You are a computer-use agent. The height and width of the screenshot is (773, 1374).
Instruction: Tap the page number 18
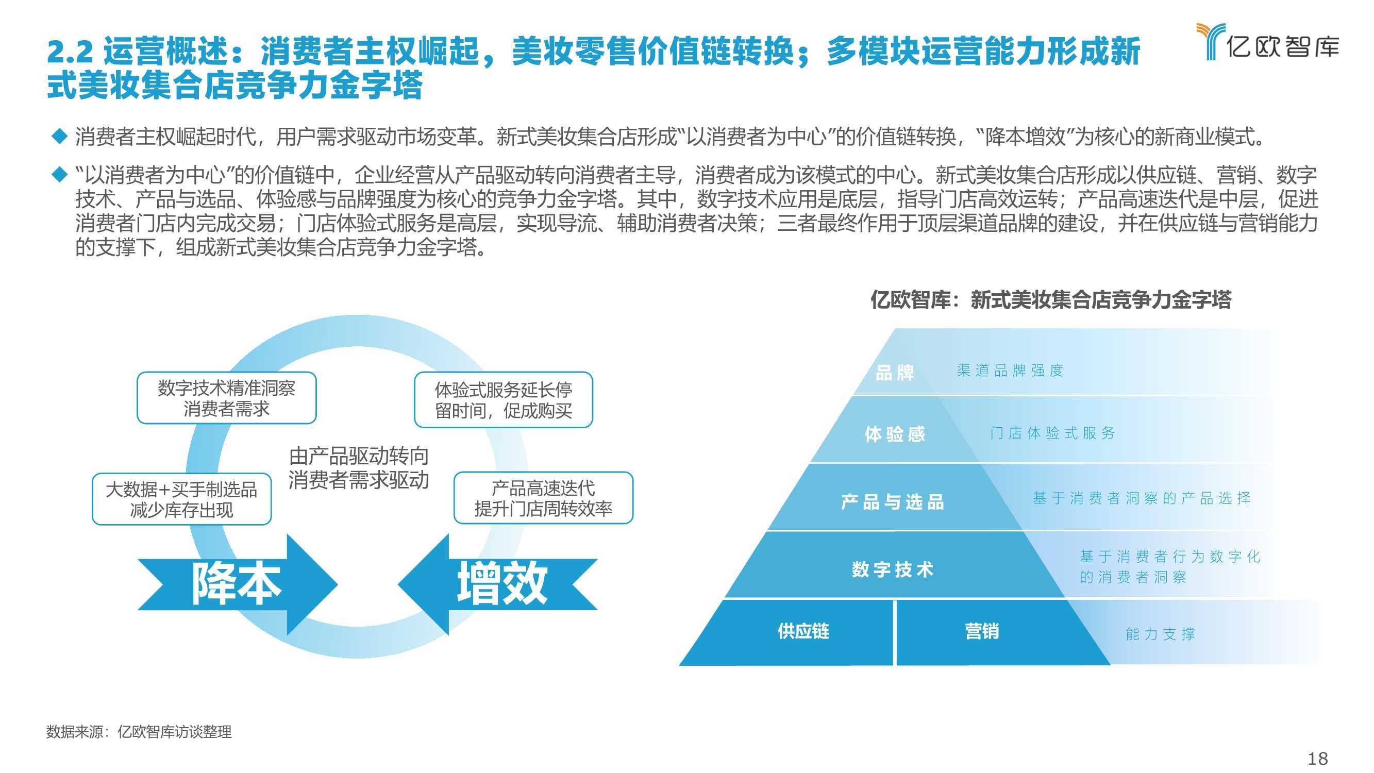(x=1318, y=758)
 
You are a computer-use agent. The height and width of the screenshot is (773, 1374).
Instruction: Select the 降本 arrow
(x=238, y=585)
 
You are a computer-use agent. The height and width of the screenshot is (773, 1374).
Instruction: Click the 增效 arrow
(x=498, y=585)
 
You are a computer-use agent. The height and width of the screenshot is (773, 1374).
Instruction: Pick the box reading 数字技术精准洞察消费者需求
(x=227, y=398)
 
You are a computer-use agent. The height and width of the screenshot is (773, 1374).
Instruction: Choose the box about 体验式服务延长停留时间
(x=504, y=400)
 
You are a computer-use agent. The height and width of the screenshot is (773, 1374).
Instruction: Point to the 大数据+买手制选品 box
(x=181, y=499)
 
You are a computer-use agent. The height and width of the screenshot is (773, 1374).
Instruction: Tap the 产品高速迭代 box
(x=543, y=498)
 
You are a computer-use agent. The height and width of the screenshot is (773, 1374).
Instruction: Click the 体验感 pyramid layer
(x=895, y=433)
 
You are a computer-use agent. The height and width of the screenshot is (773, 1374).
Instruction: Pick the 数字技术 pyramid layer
(x=892, y=569)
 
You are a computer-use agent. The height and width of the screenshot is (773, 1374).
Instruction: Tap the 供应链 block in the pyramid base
(x=803, y=631)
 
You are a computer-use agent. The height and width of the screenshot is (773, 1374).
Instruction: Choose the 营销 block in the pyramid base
(x=981, y=631)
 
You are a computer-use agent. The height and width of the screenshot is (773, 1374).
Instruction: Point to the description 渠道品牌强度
(x=1010, y=370)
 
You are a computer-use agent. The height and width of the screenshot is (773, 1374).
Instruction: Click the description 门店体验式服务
(x=1052, y=433)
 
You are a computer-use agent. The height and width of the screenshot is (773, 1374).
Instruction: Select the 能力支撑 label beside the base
(x=1161, y=634)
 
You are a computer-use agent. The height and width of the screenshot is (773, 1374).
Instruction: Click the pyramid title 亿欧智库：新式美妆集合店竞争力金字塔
(x=1051, y=299)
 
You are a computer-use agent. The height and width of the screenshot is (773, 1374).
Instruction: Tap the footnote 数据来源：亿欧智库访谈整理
(x=139, y=731)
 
